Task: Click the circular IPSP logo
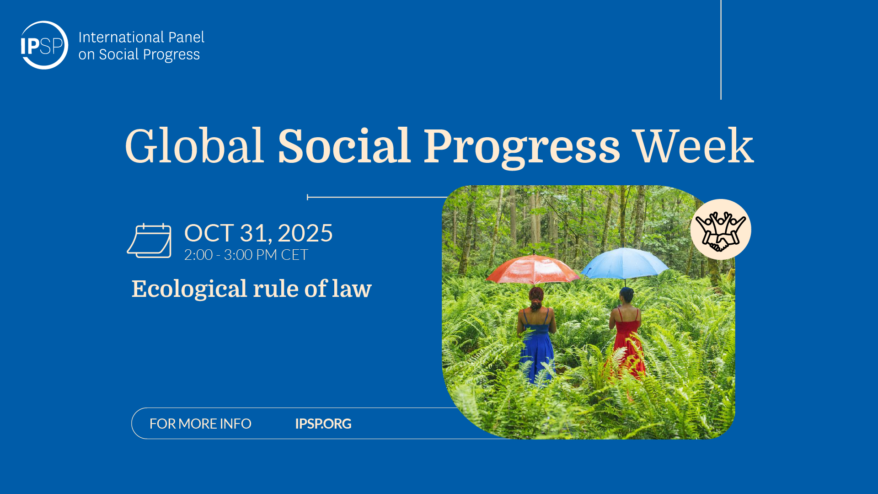click(44, 45)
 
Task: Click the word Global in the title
click(195, 146)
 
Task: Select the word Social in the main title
click(344, 146)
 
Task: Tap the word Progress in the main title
click(521, 148)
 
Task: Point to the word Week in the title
click(694, 146)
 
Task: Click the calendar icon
click(149, 241)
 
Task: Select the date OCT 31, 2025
click(258, 233)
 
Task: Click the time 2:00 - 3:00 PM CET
click(246, 255)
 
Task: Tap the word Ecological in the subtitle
click(189, 289)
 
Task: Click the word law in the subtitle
click(352, 289)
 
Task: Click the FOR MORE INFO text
click(200, 424)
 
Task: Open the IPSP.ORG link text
click(323, 424)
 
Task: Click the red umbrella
click(533, 268)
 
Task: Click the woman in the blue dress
click(536, 336)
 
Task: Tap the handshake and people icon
click(721, 230)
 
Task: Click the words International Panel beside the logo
click(141, 37)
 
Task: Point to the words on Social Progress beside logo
click(139, 54)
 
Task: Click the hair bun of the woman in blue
click(536, 293)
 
